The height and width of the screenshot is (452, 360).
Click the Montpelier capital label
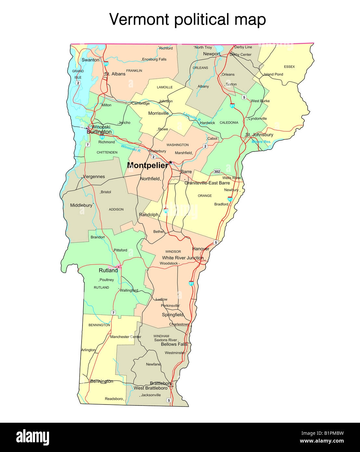tap(148, 165)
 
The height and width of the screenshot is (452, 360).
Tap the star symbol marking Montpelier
tap(171, 162)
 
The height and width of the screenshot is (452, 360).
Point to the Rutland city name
tap(108, 270)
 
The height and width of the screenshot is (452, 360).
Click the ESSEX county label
tap(289, 67)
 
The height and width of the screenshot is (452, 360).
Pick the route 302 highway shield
tap(217, 171)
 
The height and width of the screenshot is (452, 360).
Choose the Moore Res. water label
tap(261, 142)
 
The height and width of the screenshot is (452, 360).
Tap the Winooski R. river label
tap(131, 148)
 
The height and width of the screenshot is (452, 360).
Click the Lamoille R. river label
tap(192, 116)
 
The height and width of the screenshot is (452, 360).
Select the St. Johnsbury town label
tap(259, 135)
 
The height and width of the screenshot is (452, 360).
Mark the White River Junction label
tap(183, 258)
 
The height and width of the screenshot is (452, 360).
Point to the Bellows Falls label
tap(174, 344)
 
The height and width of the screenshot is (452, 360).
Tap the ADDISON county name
tap(116, 209)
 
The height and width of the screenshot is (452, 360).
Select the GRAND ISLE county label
tap(78, 74)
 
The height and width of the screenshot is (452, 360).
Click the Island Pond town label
tap(273, 74)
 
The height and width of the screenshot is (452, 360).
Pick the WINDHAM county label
tap(161, 336)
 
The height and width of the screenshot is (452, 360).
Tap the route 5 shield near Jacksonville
tap(168, 400)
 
